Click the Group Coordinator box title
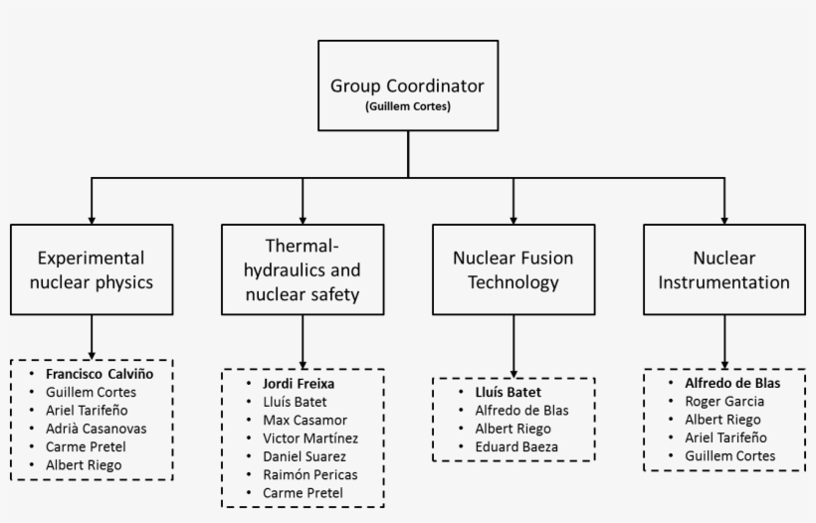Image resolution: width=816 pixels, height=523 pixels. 407,85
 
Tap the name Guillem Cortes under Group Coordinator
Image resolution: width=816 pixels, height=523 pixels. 407,105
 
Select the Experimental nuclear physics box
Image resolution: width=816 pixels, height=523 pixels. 92,269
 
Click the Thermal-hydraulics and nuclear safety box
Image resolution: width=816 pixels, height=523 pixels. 302,269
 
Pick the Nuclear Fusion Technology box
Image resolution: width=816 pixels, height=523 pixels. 512,269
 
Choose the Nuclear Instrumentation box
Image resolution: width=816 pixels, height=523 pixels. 723,269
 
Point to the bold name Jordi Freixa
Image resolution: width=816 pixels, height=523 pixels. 298,383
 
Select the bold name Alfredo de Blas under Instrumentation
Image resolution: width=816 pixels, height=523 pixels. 731,383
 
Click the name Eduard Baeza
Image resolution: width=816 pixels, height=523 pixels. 515,447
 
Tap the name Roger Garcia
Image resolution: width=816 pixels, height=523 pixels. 723,402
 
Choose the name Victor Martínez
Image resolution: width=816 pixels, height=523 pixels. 309,437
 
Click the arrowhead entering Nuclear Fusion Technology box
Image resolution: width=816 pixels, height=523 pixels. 512,218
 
